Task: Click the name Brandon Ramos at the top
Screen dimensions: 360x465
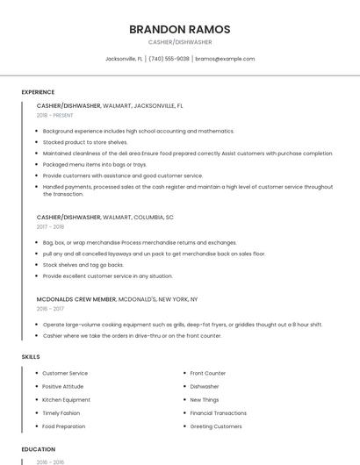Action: pyautogui.click(x=179, y=29)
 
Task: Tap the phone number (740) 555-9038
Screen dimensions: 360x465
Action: pyautogui.click(x=169, y=59)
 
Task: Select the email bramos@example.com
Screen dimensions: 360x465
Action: pyautogui.click(x=225, y=59)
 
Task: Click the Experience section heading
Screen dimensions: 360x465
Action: pyautogui.click(x=38, y=92)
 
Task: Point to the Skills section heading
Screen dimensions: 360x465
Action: pyautogui.click(x=31, y=357)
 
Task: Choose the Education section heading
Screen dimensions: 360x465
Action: pyautogui.click(x=38, y=449)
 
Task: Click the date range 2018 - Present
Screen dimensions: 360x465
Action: pyautogui.click(x=56, y=115)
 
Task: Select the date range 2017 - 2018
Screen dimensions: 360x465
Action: pyautogui.click(x=50, y=226)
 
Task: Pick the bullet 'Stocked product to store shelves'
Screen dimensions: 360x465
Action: pyautogui.click(x=85, y=142)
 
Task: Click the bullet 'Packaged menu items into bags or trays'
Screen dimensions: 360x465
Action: pyautogui.click(x=95, y=164)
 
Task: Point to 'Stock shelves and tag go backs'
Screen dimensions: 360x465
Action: pyautogui.click(x=83, y=264)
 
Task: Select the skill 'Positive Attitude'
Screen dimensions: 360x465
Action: pyautogui.click(x=63, y=386)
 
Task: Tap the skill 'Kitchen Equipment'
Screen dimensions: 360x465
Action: pyautogui.click(x=66, y=399)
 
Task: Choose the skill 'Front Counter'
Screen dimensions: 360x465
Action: pyautogui.click(x=208, y=373)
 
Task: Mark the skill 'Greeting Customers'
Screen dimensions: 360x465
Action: pyautogui.click(x=216, y=426)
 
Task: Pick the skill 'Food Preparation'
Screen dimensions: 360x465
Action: pyautogui.click(x=64, y=426)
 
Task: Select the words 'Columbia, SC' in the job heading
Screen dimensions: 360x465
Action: pyautogui.click(x=155, y=217)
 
